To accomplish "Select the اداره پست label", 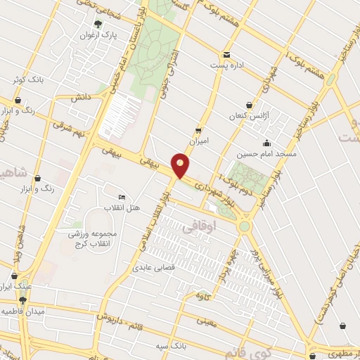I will point(226,65).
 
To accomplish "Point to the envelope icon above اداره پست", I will point(226,55).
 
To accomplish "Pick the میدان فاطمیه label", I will point(22,310).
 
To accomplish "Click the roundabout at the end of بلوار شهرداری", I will point(244,226).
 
